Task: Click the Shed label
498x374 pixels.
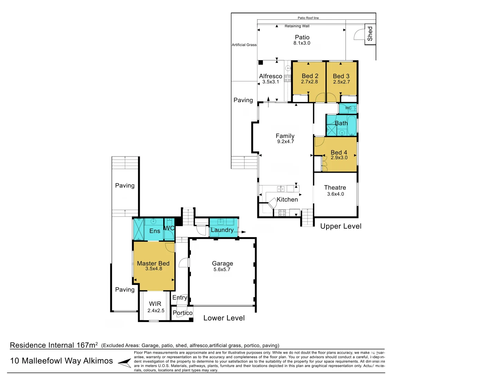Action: [x=370, y=34]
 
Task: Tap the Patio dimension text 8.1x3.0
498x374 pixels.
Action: [x=302, y=43]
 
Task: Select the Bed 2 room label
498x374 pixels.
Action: [x=310, y=76]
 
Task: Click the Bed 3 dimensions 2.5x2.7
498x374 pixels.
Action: [x=341, y=82]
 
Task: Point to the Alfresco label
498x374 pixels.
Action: [x=270, y=76]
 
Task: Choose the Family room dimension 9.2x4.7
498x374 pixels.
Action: [x=285, y=142]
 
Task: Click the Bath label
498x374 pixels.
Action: [x=341, y=123]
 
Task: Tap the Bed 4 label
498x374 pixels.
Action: [x=339, y=152]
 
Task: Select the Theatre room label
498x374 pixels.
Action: [x=335, y=188]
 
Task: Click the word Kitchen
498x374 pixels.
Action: [x=287, y=199]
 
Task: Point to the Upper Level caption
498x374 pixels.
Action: [x=341, y=226]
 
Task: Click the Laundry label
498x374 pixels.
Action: [x=222, y=230]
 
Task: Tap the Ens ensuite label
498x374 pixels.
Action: [x=155, y=231]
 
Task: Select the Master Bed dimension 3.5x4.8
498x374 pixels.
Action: [x=154, y=269]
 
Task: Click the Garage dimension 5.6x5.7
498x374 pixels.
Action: [x=222, y=269]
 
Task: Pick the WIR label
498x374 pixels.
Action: [x=155, y=304]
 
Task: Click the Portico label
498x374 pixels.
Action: [x=182, y=313]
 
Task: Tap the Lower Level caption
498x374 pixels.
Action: [x=224, y=318]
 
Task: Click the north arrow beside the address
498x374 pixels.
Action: [x=124, y=363]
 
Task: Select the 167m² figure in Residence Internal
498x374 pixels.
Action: [x=87, y=345]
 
